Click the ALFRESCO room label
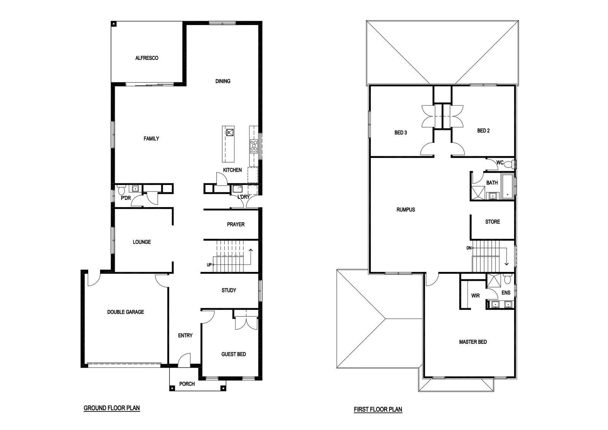point(147,58)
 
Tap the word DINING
point(223,81)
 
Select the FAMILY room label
point(151,139)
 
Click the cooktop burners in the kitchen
point(254,147)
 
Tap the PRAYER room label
point(236,224)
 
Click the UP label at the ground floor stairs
point(209,265)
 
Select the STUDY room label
point(229,290)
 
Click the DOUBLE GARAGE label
point(125,312)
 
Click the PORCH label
point(187,384)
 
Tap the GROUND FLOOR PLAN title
point(112,408)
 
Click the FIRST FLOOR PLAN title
point(378,409)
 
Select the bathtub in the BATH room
point(507,187)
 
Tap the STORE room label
point(492,221)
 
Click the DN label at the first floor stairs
point(469,248)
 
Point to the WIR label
point(475,296)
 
